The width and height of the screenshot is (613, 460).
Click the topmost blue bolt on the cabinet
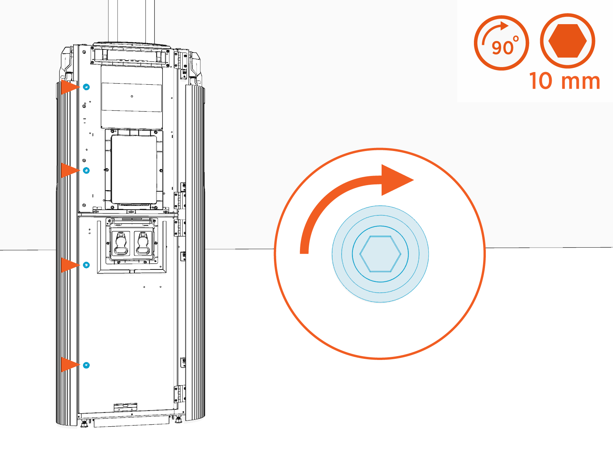pos(87,87)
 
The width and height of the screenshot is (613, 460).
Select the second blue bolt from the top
pos(87,170)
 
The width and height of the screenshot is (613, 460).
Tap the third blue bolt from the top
pos(87,265)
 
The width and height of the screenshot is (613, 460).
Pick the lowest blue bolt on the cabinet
pos(87,365)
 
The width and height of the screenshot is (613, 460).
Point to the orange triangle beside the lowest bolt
pos(69,365)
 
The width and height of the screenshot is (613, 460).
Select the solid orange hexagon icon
pos(567,41)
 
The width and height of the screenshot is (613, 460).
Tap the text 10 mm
pos(564,81)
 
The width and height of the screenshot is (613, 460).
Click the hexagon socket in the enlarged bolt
pos(380,254)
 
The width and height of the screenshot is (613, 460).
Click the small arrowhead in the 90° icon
pos(505,26)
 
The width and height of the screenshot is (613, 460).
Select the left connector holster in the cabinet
pos(122,243)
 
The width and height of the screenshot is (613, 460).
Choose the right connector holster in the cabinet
pos(143,243)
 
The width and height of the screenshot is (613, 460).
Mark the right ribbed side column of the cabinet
pos(195,253)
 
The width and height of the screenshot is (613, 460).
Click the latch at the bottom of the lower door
pos(126,406)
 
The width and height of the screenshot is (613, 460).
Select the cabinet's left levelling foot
pos(84,424)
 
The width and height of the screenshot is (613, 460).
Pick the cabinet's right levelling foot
pos(178,421)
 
